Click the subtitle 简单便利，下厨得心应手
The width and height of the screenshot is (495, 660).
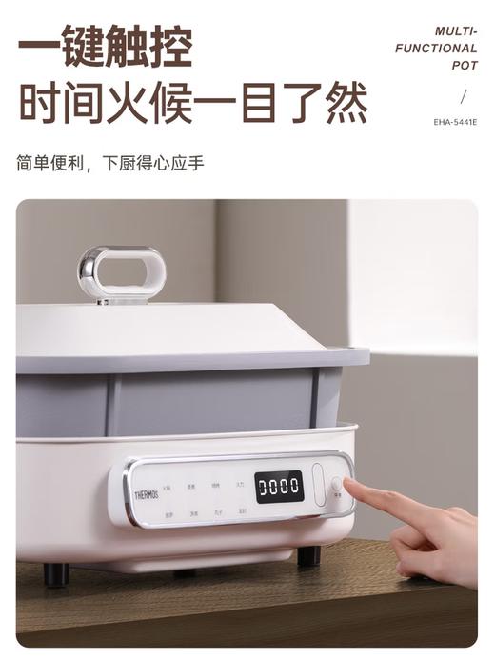(x=109, y=163)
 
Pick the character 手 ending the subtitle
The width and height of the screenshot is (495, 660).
(x=195, y=163)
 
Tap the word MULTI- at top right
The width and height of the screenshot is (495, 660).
(x=456, y=31)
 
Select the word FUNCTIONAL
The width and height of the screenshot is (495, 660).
(x=437, y=49)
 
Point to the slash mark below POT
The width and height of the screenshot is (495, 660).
(x=464, y=96)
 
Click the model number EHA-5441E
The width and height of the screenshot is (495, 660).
(x=455, y=122)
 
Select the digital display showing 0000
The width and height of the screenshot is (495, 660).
(x=279, y=487)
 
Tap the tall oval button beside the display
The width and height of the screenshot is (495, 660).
(x=319, y=484)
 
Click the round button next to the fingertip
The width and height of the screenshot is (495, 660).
(x=337, y=484)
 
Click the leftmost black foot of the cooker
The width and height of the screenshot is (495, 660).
(x=56, y=573)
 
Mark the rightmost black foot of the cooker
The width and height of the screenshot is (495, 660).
(x=308, y=556)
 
